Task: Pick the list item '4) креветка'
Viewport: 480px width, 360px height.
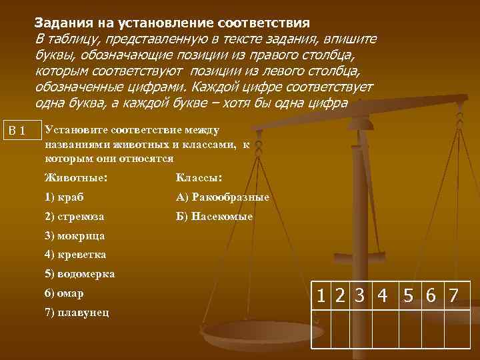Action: tap(75, 254)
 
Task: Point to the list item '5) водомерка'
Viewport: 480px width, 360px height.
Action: tap(79, 273)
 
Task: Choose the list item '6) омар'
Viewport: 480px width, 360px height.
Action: tap(64, 293)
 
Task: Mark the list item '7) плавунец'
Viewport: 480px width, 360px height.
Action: tap(77, 312)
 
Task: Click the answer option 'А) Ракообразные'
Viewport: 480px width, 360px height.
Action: tap(223, 197)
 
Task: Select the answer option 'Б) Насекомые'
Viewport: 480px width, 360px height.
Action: tap(214, 216)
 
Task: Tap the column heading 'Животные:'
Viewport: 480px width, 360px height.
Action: tap(75, 178)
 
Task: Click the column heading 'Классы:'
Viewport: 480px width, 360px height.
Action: tap(199, 178)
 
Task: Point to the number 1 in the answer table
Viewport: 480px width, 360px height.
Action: tap(323, 295)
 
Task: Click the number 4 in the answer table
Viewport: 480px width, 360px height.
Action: tap(382, 295)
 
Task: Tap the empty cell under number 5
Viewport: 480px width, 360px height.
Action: tap(411, 329)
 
